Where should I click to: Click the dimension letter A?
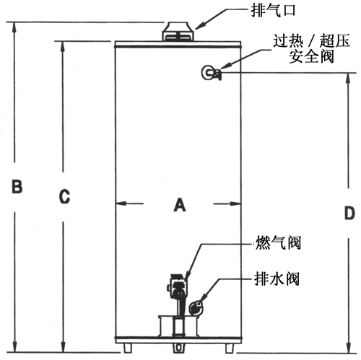(x=180, y=205)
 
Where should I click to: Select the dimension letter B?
(x=17, y=186)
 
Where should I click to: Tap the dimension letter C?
(x=64, y=196)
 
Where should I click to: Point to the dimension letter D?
(x=349, y=213)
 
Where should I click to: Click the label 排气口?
(x=273, y=11)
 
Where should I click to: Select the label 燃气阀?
(x=278, y=242)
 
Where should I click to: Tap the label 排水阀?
(x=277, y=279)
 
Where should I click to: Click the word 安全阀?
(x=311, y=56)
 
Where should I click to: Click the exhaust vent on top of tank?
(x=178, y=31)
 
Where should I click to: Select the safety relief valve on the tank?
(x=211, y=72)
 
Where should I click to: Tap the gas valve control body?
(x=178, y=286)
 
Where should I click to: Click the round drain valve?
(x=196, y=307)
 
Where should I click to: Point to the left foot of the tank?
(x=128, y=348)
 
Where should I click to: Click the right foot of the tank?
(x=230, y=348)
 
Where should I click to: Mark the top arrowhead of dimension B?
(x=14, y=27)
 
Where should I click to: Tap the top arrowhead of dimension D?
(x=348, y=78)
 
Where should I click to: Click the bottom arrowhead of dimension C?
(x=63, y=347)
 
